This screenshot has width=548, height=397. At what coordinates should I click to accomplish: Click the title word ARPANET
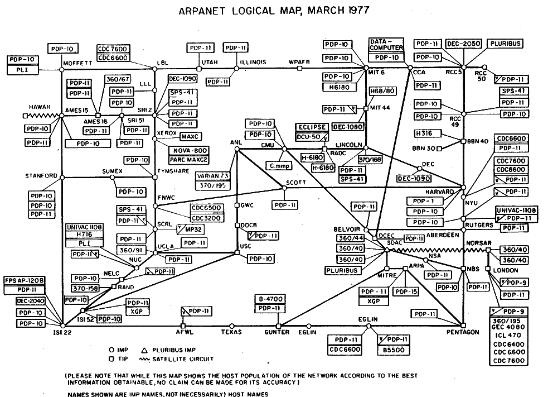coord(209,12)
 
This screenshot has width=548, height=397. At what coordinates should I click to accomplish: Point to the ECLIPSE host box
coord(312,127)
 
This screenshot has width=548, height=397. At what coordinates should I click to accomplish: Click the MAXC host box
coord(191,136)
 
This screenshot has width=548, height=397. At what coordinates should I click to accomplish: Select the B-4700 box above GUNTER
coord(269,298)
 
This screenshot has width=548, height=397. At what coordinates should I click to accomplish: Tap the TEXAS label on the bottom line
coord(231,332)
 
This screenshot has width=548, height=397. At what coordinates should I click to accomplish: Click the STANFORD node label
coord(41,176)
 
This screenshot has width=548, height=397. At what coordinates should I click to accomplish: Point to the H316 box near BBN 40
coord(428,133)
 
